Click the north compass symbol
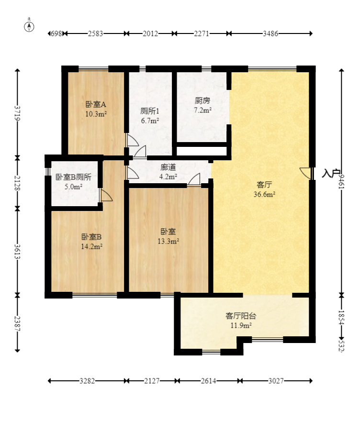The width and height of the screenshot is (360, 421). pos(29,26)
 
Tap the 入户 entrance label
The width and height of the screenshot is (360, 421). pos(331,174)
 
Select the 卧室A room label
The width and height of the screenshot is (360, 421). pos(96,104)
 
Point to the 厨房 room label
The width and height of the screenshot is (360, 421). pos(202,100)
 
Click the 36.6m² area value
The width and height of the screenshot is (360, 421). pos(264,194)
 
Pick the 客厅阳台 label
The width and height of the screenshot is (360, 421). pos(241,316)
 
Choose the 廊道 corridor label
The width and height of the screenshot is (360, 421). pos(168,167)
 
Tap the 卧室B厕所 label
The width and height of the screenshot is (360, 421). pos(73,177)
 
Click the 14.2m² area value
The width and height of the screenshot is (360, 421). pos(91,246)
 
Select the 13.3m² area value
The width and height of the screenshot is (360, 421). pos(169,242)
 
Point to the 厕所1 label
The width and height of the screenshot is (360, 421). pos(150,111)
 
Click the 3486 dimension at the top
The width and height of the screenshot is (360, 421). pos(270,33)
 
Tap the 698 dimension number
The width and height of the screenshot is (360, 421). pos(56,33)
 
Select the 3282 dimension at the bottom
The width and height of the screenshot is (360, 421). pos(87,381)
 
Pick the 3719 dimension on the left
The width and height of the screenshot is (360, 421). pos(18,113)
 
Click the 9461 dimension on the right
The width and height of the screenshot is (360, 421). pos(341,182)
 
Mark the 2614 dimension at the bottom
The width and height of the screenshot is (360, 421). pos(208,381)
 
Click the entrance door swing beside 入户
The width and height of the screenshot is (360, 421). pos(305,173)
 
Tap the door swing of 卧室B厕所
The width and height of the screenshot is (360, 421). pos(106,195)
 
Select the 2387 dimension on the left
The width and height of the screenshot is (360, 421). pos(18,323)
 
